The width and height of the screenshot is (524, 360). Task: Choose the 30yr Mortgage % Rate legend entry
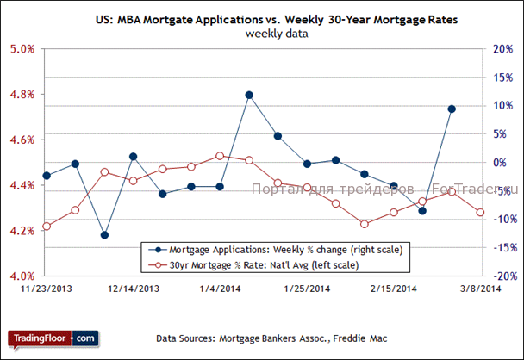pos(271,264)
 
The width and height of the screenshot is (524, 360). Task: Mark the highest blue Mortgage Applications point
pos(249,95)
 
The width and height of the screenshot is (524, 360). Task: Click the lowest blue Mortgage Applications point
pos(104,234)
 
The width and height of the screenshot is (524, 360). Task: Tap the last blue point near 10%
pos(452,109)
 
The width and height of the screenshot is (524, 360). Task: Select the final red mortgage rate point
pos(480,213)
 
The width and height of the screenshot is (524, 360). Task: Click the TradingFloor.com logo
pos(53,338)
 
